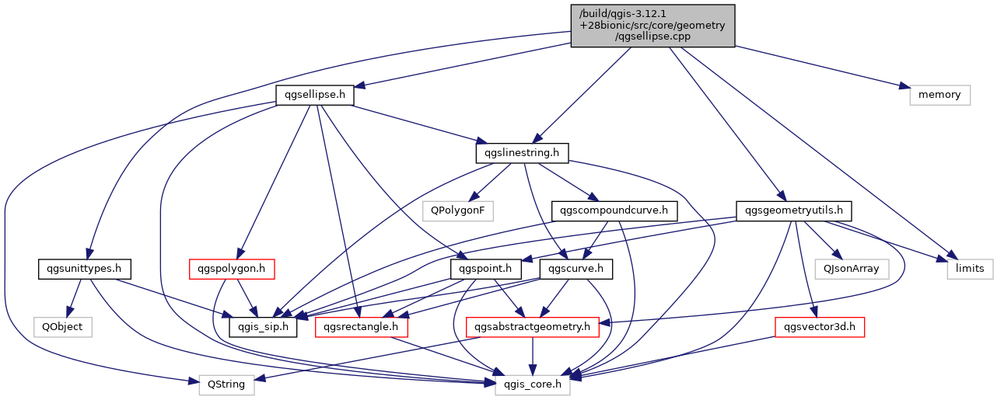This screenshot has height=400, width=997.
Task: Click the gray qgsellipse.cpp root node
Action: [x=652, y=26]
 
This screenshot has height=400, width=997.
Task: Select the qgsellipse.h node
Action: [x=315, y=95]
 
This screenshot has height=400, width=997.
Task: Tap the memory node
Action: [x=939, y=95]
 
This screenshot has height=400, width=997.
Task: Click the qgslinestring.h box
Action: [x=522, y=153]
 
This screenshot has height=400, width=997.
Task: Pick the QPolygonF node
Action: [x=458, y=211]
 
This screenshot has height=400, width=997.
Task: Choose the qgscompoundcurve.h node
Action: [x=614, y=211]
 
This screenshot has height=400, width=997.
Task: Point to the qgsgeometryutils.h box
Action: [x=794, y=211]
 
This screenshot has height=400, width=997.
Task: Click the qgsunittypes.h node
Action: [x=85, y=270]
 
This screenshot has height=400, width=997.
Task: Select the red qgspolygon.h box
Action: [x=232, y=270]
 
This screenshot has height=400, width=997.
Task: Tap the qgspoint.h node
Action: [x=485, y=270]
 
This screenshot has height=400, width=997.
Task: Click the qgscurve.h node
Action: [x=576, y=270]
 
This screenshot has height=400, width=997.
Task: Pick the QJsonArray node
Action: [x=852, y=270]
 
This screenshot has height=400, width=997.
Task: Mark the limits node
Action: [x=971, y=270]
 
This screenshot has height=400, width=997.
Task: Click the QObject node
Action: [x=63, y=327]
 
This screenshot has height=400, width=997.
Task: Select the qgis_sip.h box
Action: [x=263, y=327]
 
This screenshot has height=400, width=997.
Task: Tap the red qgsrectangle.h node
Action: [x=362, y=327]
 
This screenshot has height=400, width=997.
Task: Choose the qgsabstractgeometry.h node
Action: [x=532, y=327]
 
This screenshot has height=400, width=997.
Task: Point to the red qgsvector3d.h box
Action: [x=820, y=327]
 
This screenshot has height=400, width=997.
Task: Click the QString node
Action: [x=226, y=385]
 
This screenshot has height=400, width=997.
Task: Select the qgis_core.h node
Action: [x=533, y=385]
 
